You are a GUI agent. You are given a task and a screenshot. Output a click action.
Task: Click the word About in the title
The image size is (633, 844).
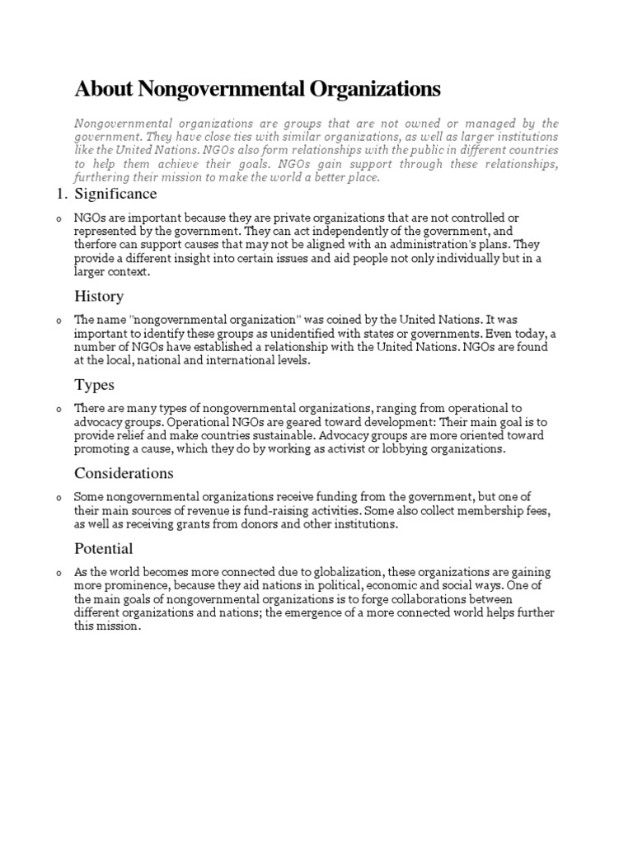101,88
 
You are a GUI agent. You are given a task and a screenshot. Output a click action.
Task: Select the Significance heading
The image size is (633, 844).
115,195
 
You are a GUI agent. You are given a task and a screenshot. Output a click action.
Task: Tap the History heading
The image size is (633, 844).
99,296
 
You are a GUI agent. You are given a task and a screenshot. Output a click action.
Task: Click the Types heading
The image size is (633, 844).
95,385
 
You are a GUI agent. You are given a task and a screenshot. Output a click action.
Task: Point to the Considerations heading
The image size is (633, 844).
124,473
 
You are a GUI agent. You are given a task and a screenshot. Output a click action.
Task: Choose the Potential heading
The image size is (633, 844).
104,549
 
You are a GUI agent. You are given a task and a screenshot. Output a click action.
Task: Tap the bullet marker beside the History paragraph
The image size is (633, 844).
59,321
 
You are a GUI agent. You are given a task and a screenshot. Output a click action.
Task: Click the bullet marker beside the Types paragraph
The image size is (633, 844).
59,410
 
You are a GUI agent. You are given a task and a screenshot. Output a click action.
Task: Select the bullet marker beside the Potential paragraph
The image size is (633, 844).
59,574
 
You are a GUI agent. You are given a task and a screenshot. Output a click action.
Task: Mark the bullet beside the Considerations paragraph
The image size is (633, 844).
59,498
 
